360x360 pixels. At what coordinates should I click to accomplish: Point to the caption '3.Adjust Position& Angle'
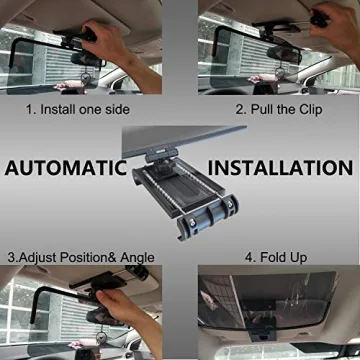79,257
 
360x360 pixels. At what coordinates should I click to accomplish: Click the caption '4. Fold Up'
281,257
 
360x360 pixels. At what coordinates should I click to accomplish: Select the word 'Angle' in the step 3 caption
136,257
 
